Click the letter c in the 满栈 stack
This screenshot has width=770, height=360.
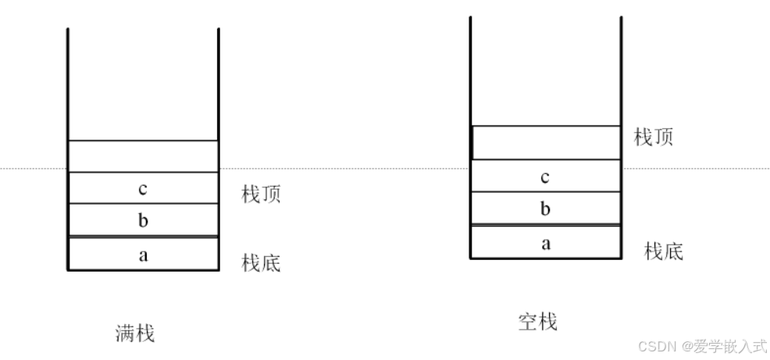(143, 188)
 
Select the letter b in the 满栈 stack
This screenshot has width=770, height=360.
(143, 220)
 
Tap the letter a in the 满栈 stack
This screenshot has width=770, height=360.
(143, 254)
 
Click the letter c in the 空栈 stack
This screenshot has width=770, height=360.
(545, 177)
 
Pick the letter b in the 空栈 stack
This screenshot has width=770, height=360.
(545, 209)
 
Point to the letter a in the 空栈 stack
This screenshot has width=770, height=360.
(546, 243)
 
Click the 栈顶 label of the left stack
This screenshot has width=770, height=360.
(261, 194)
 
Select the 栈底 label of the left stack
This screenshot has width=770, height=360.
(261, 263)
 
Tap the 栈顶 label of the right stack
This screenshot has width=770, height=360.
(654, 137)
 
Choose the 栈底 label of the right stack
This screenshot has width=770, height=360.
(664, 251)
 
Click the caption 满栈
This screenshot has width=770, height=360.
(135, 334)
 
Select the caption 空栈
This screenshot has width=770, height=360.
(538, 321)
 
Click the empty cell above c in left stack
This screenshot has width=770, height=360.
(143, 156)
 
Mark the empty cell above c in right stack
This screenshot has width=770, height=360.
(546, 143)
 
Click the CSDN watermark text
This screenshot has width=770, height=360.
(655, 346)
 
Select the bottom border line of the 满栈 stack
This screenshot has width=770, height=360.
(143, 270)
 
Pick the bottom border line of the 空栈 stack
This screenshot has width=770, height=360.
(546, 258)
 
